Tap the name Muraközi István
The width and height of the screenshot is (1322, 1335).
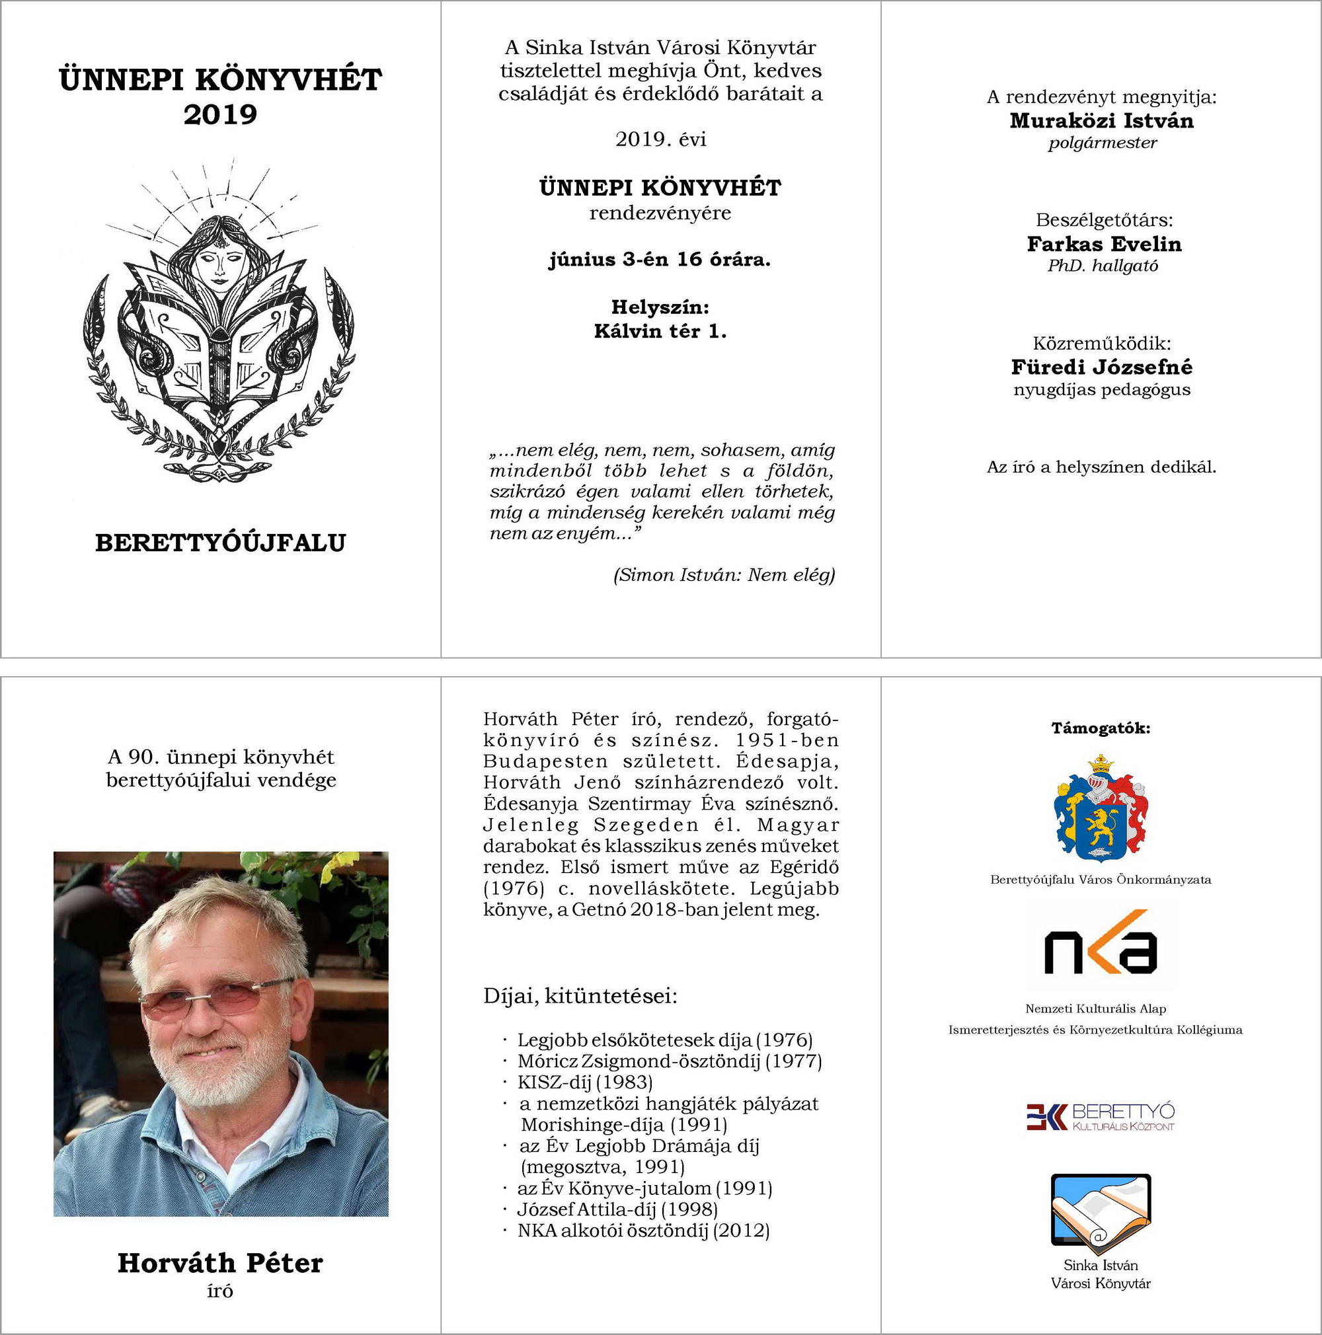1101,121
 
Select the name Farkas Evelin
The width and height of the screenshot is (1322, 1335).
1105,244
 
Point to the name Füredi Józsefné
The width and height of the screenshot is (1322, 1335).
1101,367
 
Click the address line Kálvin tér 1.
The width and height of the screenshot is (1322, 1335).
660,332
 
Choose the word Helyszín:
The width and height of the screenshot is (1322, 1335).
660,307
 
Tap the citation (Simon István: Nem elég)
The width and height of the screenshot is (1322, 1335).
724,575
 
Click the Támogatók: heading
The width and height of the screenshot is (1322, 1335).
1101,728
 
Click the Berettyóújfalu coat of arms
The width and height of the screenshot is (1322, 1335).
1101,809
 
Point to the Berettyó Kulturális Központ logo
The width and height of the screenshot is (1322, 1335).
1101,1118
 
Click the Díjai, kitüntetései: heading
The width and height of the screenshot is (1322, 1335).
580,997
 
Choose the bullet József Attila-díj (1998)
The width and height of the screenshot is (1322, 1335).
617,1210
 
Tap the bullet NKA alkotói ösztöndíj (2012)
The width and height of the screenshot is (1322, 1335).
642,1231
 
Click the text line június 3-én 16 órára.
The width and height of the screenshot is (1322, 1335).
660,260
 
